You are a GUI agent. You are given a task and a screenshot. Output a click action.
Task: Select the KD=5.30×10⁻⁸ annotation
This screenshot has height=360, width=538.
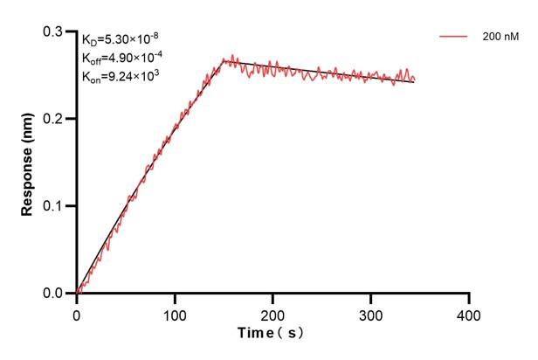point(120,40)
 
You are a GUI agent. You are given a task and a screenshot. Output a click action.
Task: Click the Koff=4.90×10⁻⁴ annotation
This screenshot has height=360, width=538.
point(121,58)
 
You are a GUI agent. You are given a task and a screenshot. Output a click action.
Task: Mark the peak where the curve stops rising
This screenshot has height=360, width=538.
point(224,60)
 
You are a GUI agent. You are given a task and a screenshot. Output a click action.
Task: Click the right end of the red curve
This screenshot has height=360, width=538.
point(414,80)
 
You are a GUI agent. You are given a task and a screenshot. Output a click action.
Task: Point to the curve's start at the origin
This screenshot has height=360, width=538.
point(77,294)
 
